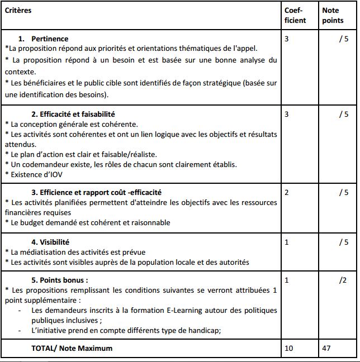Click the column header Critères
(18, 11)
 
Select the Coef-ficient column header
(295, 15)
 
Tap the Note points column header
(333, 15)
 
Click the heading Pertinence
(50, 39)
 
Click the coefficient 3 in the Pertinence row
(287, 39)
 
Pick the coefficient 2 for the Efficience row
(287, 193)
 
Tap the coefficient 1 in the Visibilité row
(287, 242)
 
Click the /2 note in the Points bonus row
(343, 280)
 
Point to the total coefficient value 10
(288, 348)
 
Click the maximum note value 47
(327, 348)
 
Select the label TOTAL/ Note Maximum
(72, 348)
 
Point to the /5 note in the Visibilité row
(343, 242)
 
